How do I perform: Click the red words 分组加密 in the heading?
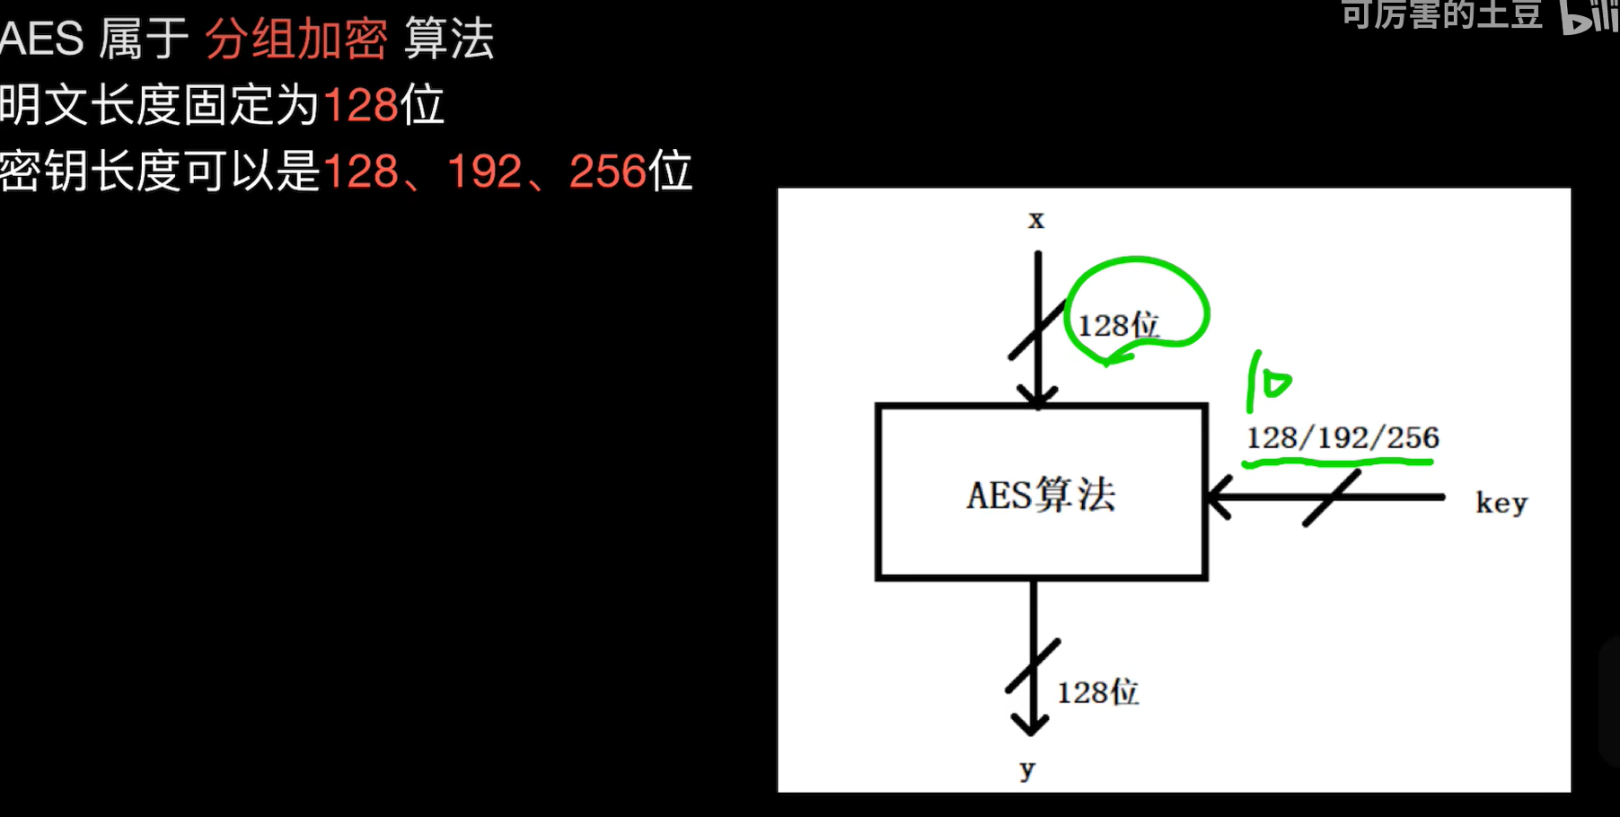(296, 40)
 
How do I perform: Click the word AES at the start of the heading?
(41, 40)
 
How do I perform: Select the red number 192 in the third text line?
(484, 171)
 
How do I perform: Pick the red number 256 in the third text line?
(608, 171)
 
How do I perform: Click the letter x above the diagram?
(1036, 220)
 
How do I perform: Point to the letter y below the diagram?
(1028, 769)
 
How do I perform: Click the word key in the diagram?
(1501, 503)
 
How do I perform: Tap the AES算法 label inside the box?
(1041, 495)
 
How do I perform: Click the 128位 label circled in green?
(1118, 325)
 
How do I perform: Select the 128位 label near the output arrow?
(1097, 692)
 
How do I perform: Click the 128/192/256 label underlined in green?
(1343, 437)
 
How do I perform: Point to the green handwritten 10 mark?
(1267, 382)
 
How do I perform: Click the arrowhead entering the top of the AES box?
(1037, 397)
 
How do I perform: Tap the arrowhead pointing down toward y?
(1030, 724)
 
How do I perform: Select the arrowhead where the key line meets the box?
(1219, 496)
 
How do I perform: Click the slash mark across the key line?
(1332, 497)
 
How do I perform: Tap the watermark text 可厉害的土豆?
(1441, 13)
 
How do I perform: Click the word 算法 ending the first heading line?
(449, 40)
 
